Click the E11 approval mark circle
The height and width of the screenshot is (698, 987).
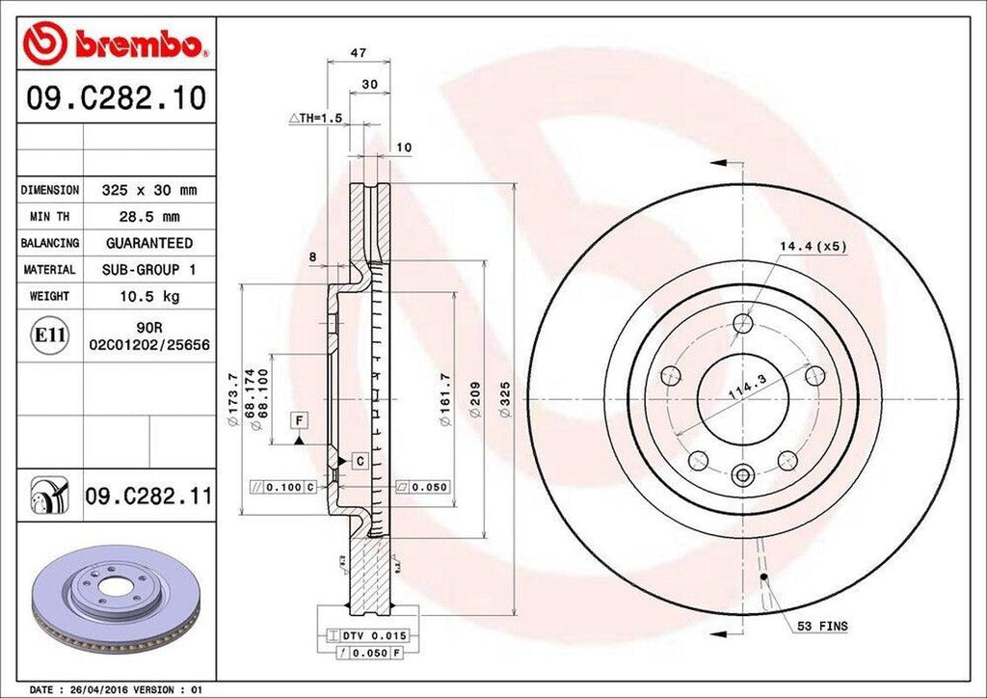point(50,336)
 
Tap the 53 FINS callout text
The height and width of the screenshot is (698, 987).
point(821,627)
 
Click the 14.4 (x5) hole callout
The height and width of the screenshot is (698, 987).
point(813,247)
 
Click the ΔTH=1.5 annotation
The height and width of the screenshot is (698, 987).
point(316,118)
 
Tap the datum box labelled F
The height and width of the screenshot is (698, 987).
point(300,420)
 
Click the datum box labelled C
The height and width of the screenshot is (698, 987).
point(359,461)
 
